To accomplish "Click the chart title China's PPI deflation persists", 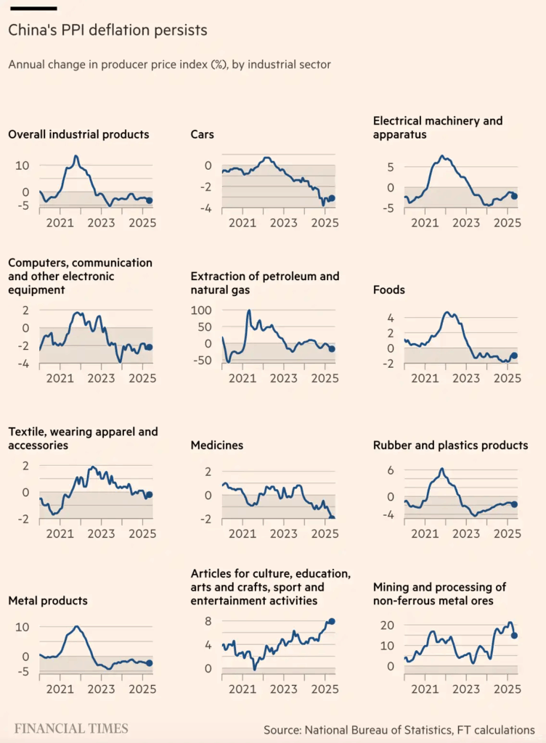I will [x=107, y=30].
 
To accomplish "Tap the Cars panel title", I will [x=202, y=134].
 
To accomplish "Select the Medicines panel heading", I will [x=216, y=445].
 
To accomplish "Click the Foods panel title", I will [x=388, y=290].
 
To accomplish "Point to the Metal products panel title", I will [x=47, y=601].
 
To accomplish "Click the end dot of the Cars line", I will [x=332, y=198].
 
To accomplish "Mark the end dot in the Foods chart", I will [x=514, y=356].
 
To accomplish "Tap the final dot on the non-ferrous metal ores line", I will [x=515, y=636].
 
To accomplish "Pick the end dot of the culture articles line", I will [x=332, y=621].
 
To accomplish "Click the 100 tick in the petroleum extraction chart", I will [x=200, y=310].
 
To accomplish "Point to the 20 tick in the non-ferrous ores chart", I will [x=387, y=625].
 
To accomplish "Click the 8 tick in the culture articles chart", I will [x=208, y=621].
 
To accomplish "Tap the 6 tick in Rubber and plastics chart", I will [x=389, y=470].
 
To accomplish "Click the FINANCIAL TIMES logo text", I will [x=71, y=728].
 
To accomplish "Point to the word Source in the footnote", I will [x=283, y=729].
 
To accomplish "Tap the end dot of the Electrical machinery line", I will [x=514, y=196].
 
